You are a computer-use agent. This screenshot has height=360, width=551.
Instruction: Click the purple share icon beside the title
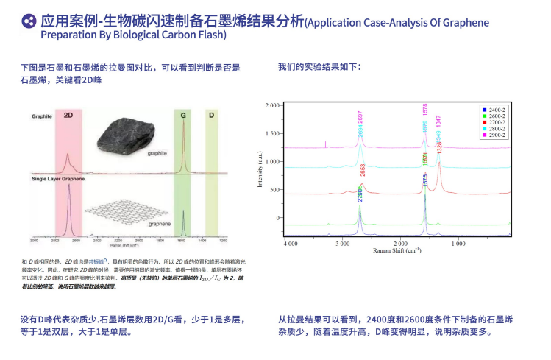(x=29, y=22)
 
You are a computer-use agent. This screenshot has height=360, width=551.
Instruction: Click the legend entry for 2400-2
(x=496, y=109)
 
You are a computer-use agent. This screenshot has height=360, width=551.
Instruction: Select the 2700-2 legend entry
(x=496, y=122)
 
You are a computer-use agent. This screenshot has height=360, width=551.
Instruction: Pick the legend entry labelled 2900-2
(x=496, y=135)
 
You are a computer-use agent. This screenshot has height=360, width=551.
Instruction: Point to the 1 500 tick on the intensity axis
(x=272, y=133)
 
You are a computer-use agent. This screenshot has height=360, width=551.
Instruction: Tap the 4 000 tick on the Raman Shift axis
(x=291, y=242)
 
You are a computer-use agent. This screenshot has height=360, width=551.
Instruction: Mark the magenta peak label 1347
(x=438, y=122)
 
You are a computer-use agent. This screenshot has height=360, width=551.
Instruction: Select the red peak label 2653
(x=363, y=170)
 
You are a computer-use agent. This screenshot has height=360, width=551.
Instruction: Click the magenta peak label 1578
(x=425, y=110)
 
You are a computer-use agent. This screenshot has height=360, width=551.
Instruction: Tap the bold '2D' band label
(x=68, y=116)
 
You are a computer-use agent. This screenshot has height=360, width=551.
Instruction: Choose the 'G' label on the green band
(x=182, y=116)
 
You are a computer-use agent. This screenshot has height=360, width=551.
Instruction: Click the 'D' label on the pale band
(x=210, y=116)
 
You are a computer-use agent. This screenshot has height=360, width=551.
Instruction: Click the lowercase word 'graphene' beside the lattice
(x=160, y=223)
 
